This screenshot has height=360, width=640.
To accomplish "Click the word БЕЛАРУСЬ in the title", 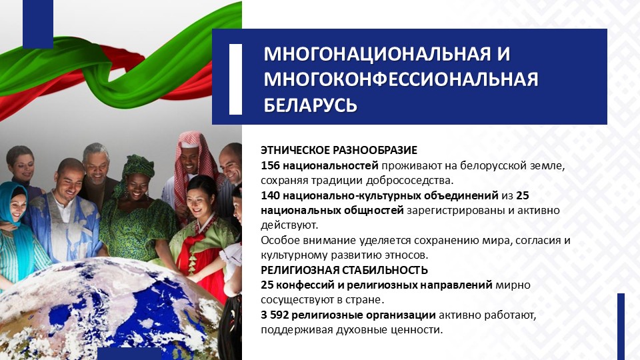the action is (310, 105).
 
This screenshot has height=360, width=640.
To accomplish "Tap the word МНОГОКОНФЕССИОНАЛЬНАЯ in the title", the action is (401, 79).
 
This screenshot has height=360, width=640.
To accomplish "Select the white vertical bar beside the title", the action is (235, 79).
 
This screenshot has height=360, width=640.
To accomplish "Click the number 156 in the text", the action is (270, 166).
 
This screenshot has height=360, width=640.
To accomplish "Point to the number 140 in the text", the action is (270, 195).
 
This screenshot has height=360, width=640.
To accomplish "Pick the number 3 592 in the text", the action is (275, 315).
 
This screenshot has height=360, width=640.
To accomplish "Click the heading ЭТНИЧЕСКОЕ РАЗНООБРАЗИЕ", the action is (339, 150).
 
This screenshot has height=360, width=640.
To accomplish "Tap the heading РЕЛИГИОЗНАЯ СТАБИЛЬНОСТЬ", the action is (345, 270).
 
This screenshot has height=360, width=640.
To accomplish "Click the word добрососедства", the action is (409, 181).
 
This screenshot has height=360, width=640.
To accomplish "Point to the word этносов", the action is (407, 255).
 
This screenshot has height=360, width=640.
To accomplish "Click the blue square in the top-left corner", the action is (38, 24).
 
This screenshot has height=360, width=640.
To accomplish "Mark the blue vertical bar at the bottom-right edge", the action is (621, 327).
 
